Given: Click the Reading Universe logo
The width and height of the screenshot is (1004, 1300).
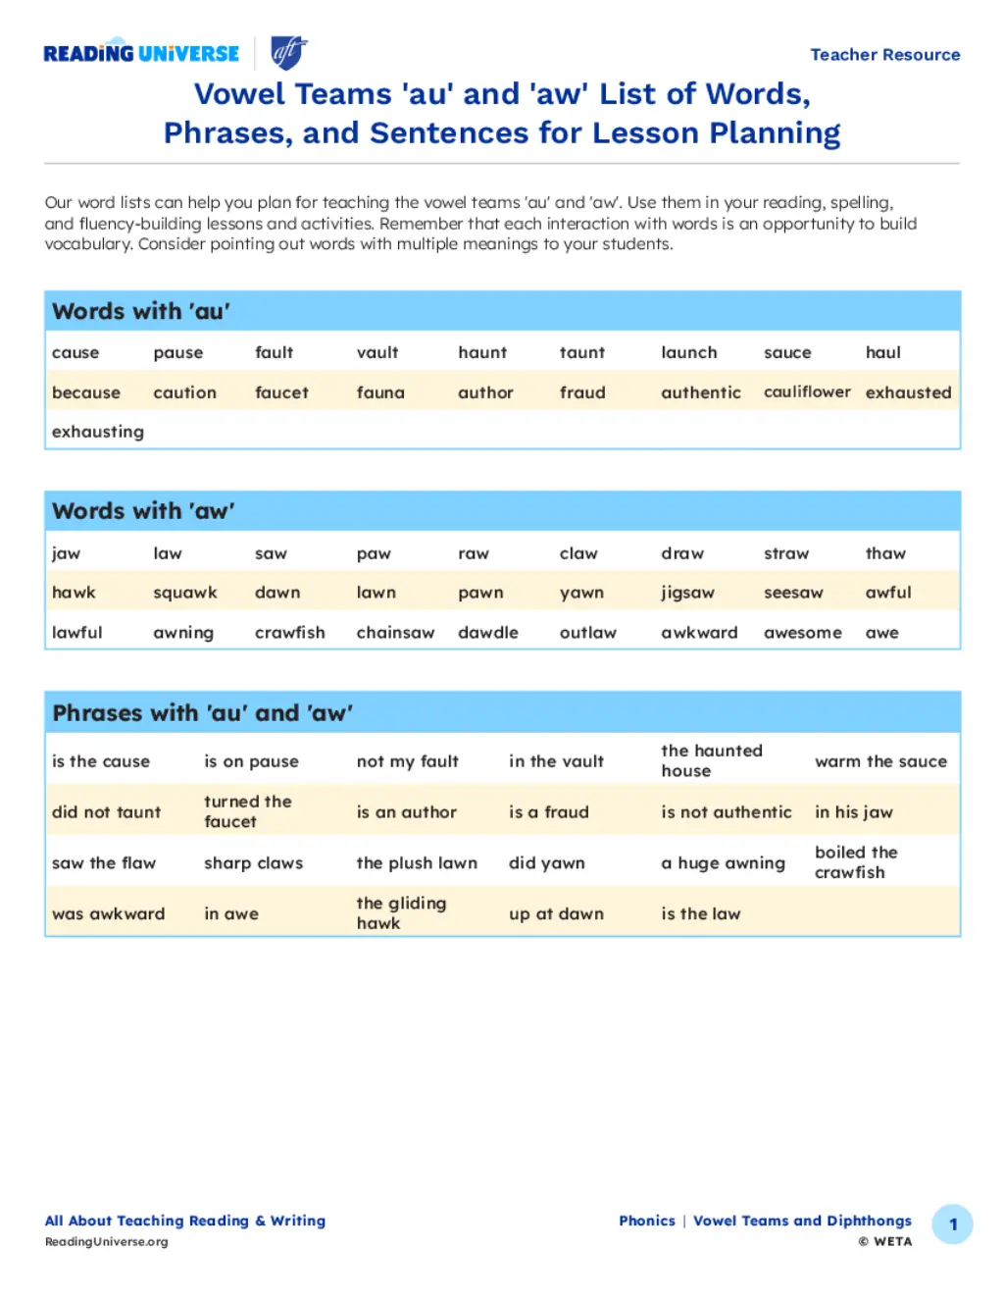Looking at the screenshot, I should pos(141,54).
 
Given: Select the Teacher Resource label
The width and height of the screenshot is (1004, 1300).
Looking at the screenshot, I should pos(884,55).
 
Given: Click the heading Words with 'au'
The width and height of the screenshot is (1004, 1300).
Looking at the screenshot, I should pos(141,311).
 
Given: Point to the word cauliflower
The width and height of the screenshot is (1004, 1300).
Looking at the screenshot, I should pos(807,391).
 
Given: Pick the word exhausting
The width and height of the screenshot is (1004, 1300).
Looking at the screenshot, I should pos(98,432).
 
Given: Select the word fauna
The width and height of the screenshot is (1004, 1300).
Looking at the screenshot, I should pos(380,392).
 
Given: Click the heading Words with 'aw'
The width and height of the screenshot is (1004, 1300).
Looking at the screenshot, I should pos(143,511).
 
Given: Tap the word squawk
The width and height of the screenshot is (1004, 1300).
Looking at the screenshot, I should pos(185,593).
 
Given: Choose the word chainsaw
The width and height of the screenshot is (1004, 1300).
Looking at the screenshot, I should pos(395,633).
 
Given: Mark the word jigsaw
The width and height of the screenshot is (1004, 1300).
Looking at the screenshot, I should pos(687,593).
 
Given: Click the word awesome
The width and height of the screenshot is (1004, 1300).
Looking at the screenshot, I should pos(802,633).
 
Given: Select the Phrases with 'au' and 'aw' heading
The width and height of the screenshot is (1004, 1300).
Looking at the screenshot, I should pos(203,713).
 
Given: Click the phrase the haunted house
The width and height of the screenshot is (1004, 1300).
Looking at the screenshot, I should pos(712,760).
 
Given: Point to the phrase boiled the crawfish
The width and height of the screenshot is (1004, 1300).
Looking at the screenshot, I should pos(856,862).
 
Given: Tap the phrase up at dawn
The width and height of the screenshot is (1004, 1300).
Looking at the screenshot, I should pos(556,913).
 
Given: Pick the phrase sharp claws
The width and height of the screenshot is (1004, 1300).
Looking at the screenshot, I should pos(253,863).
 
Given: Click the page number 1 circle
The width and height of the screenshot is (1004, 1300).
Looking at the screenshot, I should pos(952,1224).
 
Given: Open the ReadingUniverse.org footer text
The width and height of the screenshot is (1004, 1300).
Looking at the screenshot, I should pos(106,1241).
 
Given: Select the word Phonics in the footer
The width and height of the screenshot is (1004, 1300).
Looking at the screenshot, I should pos(647,1221).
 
